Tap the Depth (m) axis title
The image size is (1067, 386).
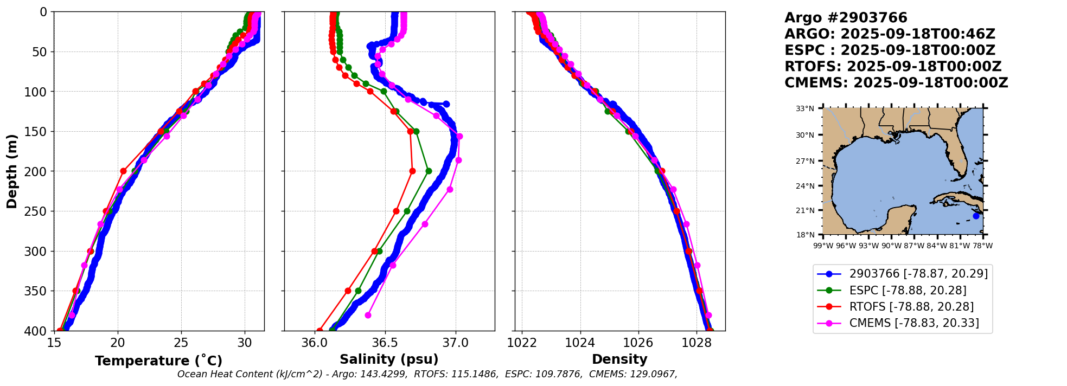(x=11, y=171)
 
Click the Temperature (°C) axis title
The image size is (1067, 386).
(x=158, y=361)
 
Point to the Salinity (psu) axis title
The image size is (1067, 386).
(x=389, y=359)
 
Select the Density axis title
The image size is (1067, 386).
(x=619, y=359)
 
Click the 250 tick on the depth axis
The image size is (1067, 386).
(x=40, y=211)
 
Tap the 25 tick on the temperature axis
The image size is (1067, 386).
(x=181, y=343)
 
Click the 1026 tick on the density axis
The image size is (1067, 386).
(x=638, y=343)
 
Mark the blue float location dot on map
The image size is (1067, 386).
(x=976, y=216)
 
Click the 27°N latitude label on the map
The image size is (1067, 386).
(x=805, y=161)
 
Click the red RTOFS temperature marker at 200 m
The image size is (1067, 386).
(x=123, y=171)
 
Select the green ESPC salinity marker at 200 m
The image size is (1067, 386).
(x=429, y=171)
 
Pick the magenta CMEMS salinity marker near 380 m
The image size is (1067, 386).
(x=368, y=315)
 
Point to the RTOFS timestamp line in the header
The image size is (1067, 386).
(x=893, y=67)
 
